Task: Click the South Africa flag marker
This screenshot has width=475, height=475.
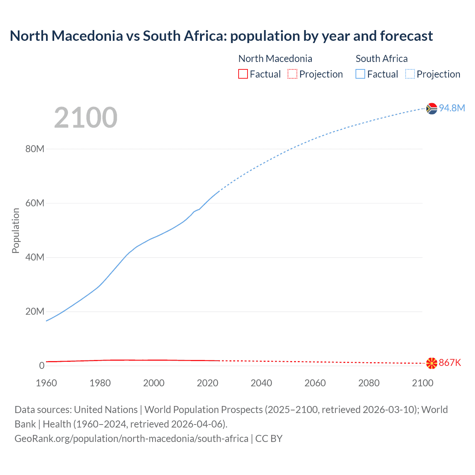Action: point(432,108)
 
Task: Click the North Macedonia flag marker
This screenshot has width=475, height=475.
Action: point(432,363)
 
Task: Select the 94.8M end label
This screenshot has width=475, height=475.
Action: point(452,108)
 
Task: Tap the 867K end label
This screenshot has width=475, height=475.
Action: point(450,363)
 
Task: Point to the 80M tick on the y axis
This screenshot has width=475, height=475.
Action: point(35,149)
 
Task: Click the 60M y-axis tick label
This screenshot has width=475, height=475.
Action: point(35,203)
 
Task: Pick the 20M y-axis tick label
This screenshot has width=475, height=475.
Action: point(35,311)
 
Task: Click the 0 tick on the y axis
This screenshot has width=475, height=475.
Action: point(42,366)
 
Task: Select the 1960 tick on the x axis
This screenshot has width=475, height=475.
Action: point(46,383)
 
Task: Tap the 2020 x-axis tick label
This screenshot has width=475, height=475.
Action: point(207,383)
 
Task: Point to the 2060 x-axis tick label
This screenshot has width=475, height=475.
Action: point(315,383)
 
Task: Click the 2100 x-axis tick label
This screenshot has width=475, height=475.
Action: point(422,383)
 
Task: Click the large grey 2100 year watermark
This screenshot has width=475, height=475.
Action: point(86,118)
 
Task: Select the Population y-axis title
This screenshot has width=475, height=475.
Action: point(16,230)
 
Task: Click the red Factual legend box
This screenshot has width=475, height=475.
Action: point(243,74)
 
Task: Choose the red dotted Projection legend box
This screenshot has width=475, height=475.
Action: point(292,74)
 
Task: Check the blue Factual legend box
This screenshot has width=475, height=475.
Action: point(360,74)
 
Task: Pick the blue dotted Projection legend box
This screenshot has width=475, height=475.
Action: point(410,74)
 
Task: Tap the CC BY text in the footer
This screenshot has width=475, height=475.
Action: point(269,439)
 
